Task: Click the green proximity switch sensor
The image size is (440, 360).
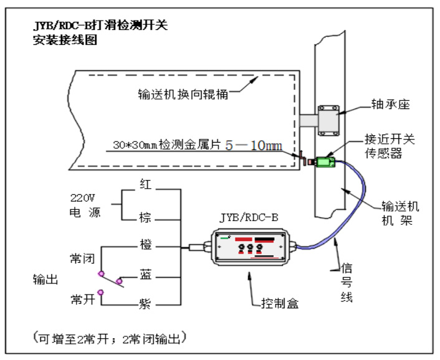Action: click(325, 163)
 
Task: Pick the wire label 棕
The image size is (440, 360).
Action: click(145, 219)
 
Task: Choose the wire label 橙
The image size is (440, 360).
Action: click(145, 245)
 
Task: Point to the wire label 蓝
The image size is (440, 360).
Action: click(145, 275)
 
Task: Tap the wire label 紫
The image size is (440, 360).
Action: click(145, 303)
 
